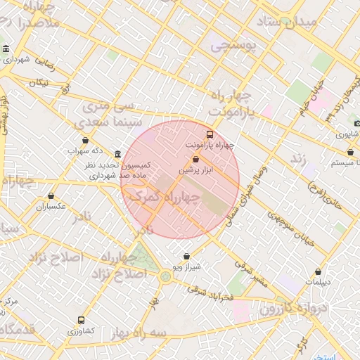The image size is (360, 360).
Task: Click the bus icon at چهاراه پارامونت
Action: [x=209, y=134]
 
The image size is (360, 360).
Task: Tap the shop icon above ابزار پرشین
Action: [x=195, y=160]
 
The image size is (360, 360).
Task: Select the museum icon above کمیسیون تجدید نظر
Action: [x=117, y=154]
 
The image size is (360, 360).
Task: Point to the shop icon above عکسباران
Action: [x=51, y=196]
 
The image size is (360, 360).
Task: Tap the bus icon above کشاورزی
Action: [x=81, y=319]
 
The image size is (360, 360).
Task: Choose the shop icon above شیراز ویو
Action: [x=186, y=256]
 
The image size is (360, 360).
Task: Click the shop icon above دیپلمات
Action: [x=320, y=271]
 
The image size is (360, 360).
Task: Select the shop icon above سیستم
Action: [x=349, y=152]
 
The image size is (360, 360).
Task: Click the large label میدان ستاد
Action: [x=290, y=24]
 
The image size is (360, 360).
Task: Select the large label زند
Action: [x=300, y=159]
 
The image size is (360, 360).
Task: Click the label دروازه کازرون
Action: [x=294, y=307]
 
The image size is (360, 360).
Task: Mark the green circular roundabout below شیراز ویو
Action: [x=165, y=276]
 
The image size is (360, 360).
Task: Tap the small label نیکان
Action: [x=39, y=82]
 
